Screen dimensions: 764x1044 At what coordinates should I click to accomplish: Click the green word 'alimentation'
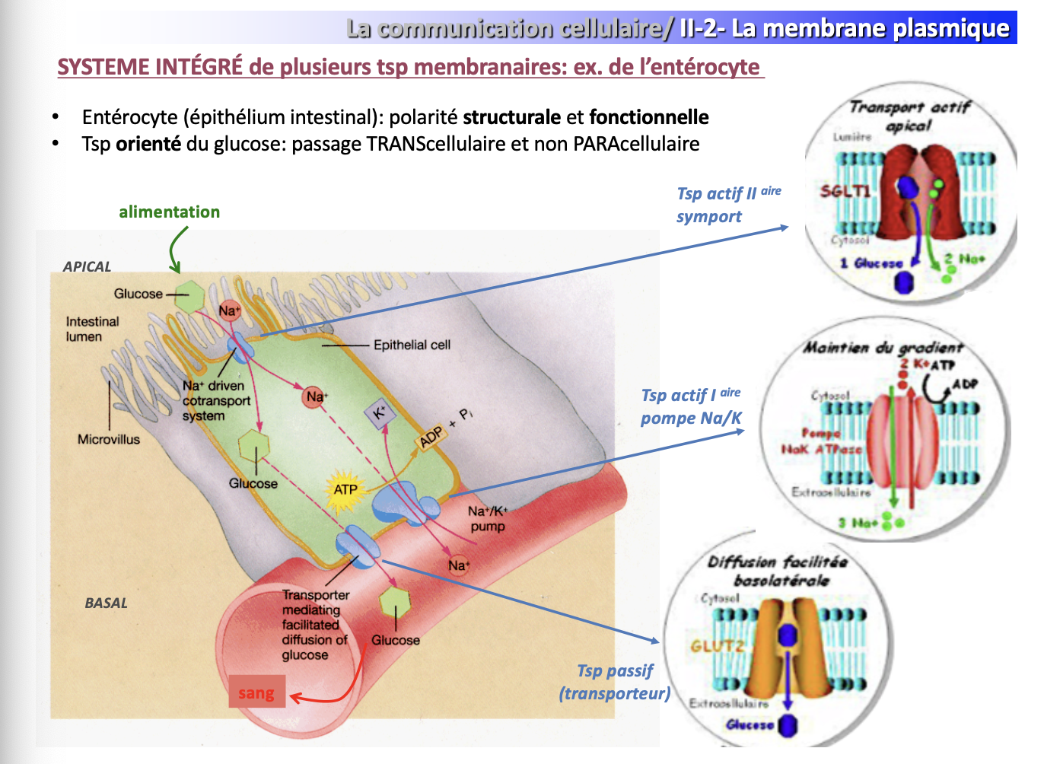click(x=169, y=212)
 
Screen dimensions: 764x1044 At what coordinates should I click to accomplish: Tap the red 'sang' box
click(x=256, y=692)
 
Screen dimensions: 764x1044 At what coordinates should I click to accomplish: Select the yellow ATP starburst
click(x=345, y=489)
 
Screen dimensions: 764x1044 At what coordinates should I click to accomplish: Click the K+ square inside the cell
click(x=379, y=413)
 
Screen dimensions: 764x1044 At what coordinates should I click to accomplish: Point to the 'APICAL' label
click(x=87, y=266)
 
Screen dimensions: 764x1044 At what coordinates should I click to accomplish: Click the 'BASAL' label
click(x=106, y=603)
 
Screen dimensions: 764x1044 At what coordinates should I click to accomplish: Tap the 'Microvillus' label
click(x=109, y=439)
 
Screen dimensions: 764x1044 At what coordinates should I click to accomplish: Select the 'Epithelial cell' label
click(x=412, y=345)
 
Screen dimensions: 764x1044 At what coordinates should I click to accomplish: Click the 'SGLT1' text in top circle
click(x=845, y=191)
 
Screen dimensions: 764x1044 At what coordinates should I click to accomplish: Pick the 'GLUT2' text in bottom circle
click(x=716, y=646)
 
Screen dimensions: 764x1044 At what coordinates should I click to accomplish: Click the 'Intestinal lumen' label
click(x=92, y=329)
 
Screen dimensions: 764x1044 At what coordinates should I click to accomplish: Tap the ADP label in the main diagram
click(x=431, y=437)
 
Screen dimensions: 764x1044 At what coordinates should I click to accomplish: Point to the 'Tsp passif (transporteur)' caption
click(x=615, y=682)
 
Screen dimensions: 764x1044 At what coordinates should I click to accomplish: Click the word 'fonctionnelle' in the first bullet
click(x=648, y=117)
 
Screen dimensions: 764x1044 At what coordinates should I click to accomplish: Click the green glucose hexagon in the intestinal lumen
click(x=189, y=296)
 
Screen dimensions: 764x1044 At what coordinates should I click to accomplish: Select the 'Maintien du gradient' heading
click(x=883, y=348)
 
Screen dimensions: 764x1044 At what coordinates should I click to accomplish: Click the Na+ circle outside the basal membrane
click(x=458, y=565)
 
